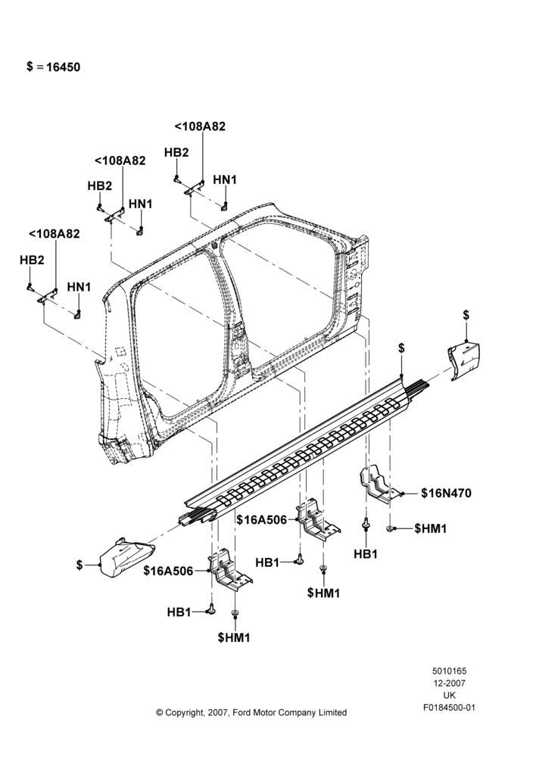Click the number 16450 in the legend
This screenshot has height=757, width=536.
64,67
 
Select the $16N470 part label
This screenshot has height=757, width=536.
446,493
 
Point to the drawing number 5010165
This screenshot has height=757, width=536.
449,671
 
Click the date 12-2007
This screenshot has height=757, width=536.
449,683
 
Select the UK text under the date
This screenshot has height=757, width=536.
449,695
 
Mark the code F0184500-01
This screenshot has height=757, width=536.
449,708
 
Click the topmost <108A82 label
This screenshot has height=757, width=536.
200,126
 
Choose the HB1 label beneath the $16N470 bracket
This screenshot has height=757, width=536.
366,554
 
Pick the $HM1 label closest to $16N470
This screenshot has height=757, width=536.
431,528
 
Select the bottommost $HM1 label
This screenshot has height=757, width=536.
234,637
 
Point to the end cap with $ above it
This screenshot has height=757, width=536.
463,360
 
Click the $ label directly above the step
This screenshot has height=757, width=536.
401,348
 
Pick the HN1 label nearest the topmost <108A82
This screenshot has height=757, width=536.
225,179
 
